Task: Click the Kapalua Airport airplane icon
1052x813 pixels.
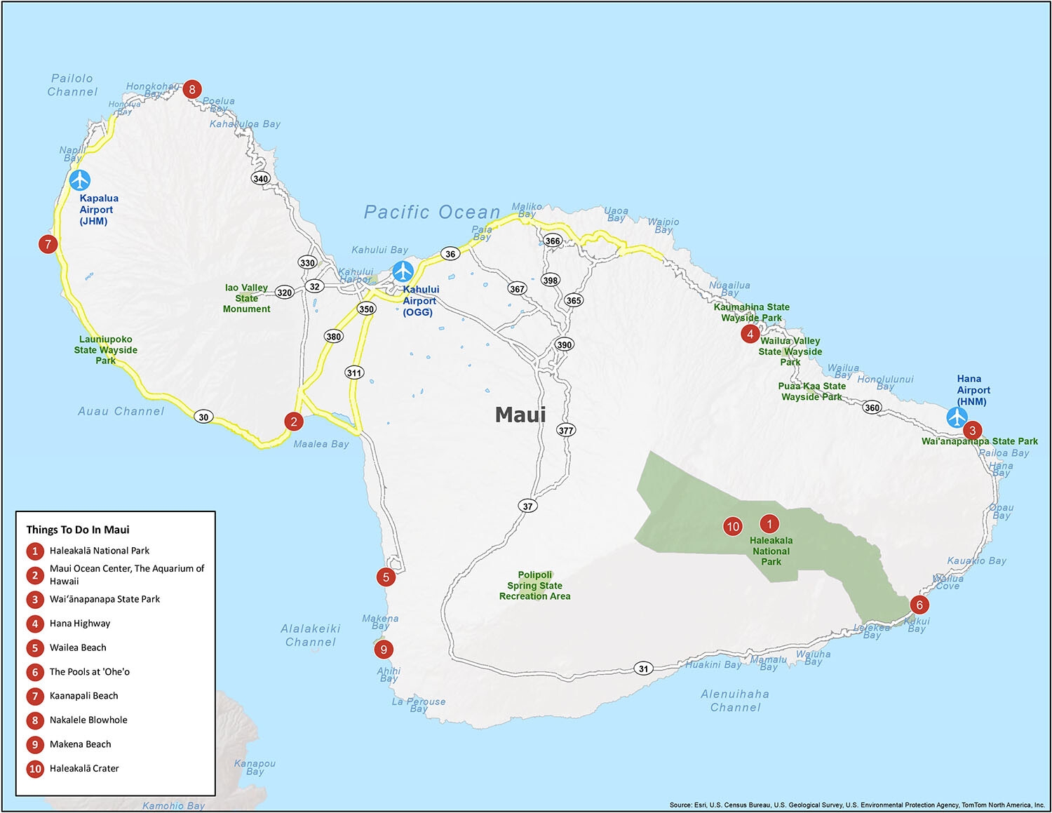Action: [80, 180]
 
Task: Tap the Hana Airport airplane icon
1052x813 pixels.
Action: [957, 417]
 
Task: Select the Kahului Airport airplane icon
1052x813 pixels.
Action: [403, 271]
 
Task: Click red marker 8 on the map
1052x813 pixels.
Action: [191, 89]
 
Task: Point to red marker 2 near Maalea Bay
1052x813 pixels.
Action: [294, 421]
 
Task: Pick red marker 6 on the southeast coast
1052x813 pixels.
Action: [919, 605]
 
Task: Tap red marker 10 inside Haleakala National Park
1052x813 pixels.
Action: [732, 526]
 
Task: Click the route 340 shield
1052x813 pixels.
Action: [261, 178]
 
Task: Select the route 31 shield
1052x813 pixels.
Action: [643, 668]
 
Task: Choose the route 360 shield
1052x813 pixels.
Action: [872, 408]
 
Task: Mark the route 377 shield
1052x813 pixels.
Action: [566, 430]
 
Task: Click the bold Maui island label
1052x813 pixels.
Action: [520, 415]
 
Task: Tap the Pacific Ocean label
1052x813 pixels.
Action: [431, 213]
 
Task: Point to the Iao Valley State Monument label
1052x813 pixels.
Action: [246, 298]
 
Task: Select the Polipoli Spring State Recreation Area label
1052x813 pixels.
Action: [534, 586]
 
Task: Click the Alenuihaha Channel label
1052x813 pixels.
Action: [734, 701]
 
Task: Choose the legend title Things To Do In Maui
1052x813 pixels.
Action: [78, 530]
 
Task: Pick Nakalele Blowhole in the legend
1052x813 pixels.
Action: [88, 720]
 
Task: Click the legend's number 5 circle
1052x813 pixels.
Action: [35, 647]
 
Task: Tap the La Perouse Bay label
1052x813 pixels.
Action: [418, 704]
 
